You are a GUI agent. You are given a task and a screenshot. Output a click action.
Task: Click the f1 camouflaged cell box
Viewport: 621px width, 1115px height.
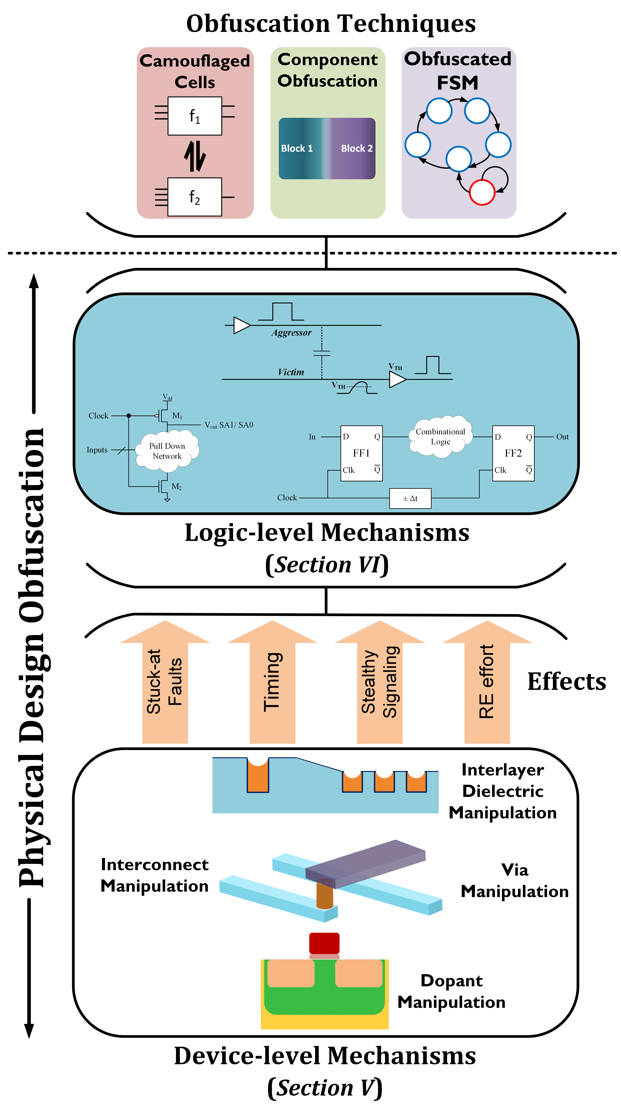click(x=195, y=116)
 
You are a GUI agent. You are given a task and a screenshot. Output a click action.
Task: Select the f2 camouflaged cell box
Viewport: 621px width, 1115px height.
click(x=195, y=197)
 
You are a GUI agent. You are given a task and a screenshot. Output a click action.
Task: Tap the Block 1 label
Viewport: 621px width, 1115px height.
click(x=297, y=149)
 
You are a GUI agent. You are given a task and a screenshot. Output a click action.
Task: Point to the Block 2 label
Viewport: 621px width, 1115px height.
click(x=357, y=149)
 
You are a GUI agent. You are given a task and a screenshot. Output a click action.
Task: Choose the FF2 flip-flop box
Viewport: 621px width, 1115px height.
click(x=513, y=453)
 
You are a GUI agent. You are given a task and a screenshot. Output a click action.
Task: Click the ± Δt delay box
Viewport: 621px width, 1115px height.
click(x=410, y=498)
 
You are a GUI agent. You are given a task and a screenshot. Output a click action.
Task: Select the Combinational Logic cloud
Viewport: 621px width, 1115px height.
click(x=440, y=437)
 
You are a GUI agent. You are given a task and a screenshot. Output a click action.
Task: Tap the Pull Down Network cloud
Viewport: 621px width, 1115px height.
click(x=167, y=451)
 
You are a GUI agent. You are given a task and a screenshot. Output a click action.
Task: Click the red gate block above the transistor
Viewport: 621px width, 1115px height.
click(x=324, y=943)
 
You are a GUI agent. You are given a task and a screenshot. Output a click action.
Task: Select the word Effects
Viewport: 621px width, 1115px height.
click(x=566, y=682)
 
